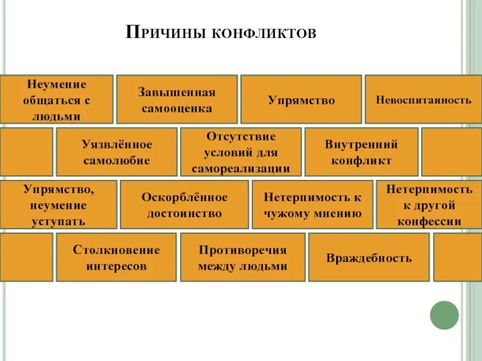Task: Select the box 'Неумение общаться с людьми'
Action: coord(56,99)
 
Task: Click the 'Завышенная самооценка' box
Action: coord(177,99)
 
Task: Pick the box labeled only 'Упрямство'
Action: coord(301,100)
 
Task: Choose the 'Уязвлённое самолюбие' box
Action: coord(117,152)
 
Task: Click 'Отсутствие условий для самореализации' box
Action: coord(241,152)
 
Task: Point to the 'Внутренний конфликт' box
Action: coord(361,152)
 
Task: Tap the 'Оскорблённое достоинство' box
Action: coord(184,205)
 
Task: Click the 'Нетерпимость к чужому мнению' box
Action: coord(312,205)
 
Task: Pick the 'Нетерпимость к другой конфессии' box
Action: coord(429,205)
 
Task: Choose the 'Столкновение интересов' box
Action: coord(116,258)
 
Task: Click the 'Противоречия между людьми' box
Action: coord(243,258)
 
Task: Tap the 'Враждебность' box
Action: coord(369,258)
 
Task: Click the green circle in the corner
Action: coord(444,315)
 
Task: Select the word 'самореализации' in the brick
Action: coord(241,168)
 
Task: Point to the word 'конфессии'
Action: coord(429,221)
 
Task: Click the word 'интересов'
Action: coord(116,266)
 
